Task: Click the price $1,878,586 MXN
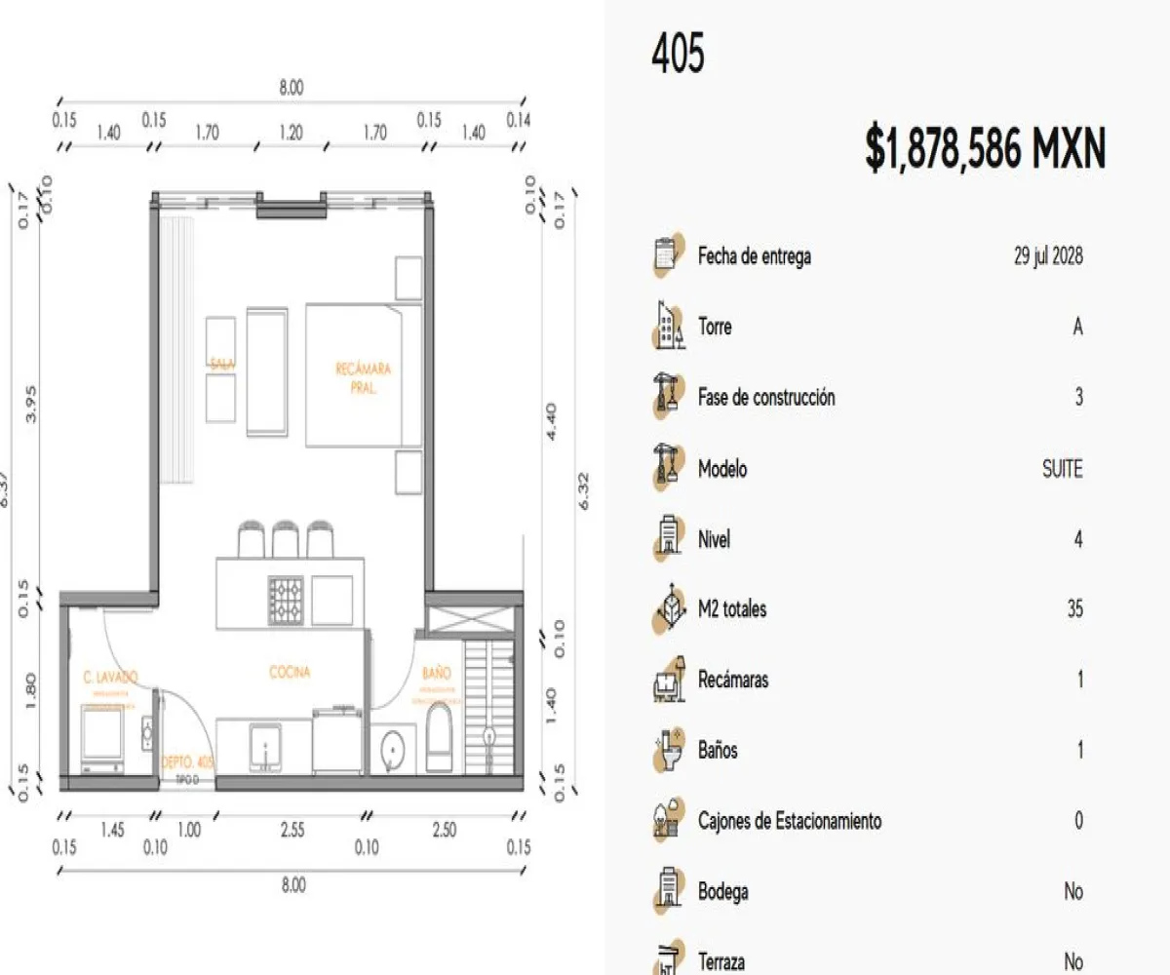[x=985, y=150]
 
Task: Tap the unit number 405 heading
[x=678, y=53]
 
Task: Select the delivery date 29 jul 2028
[x=1047, y=256]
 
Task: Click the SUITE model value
[x=1062, y=469]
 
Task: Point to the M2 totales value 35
[x=1074, y=609]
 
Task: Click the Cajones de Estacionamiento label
[x=789, y=821]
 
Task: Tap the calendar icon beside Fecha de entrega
[x=666, y=256]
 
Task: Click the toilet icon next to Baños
[x=666, y=751]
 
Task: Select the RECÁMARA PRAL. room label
[x=363, y=377]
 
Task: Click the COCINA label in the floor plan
[x=290, y=672]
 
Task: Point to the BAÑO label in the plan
[x=437, y=673]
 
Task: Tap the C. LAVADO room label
[x=110, y=676]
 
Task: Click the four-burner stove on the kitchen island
[x=287, y=601]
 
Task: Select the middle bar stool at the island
[x=285, y=540]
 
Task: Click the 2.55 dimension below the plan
[x=292, y=830]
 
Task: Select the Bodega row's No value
[x=1072, y=891]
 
